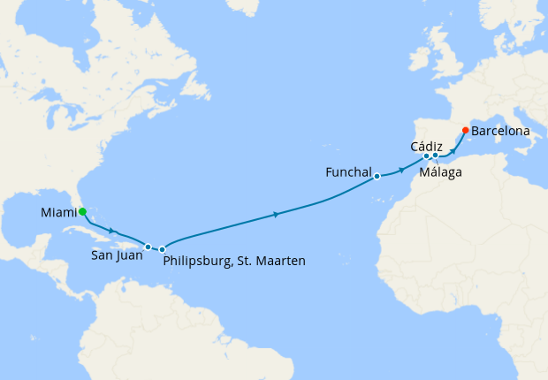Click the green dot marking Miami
tap(82, 212)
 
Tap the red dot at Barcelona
tap(466, 131)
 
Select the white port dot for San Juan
tap(148, 247)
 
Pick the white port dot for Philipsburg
tap(163, 250)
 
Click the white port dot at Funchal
tap(377, 176)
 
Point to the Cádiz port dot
tap(426, 156)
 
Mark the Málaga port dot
tap(436, 156)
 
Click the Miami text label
tap(58, 213)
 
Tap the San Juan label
tap(116, 261)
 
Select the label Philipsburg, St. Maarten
tap(234, 262)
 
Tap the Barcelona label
tap(500, 131)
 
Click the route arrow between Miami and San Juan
tap(112, 232)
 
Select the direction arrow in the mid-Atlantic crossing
tap(278, 215)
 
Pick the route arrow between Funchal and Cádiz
tap(402, 168)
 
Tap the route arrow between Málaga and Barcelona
tap(453, 149)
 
